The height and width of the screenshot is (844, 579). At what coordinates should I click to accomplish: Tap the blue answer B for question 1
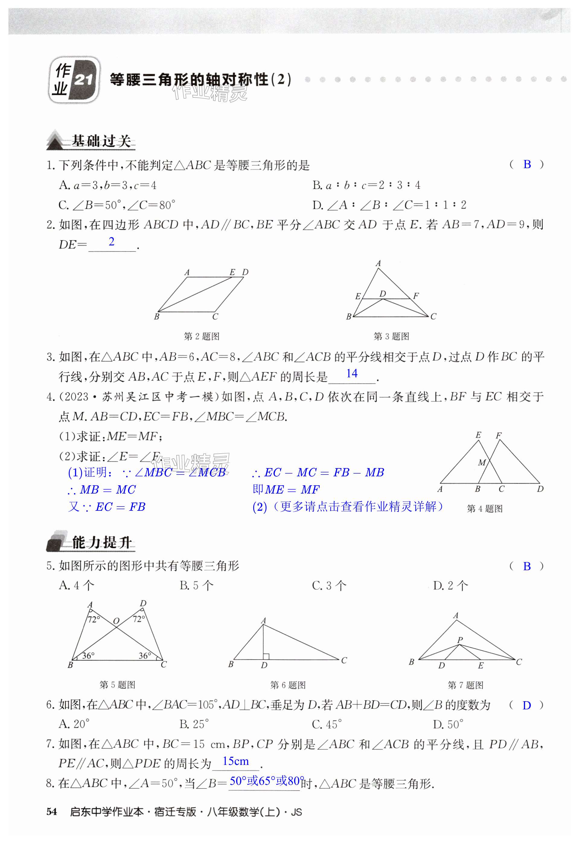[527, 165]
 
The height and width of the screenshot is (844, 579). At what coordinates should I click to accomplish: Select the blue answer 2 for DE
[111, 241]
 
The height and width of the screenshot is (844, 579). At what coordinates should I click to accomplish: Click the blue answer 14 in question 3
[352, 373]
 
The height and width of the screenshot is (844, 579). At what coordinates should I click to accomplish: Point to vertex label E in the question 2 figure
[232, 272]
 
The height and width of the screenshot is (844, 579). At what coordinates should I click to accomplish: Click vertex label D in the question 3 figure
[382, 293]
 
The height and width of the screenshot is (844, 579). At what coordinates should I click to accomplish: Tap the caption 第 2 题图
[202, 336]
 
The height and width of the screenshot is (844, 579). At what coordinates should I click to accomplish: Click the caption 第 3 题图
[391, 336]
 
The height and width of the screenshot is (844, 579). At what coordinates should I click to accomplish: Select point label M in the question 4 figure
[482, 463]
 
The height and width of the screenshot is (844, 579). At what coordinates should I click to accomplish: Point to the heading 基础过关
[101, 141]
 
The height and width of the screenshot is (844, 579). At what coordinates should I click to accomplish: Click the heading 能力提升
[101, 542]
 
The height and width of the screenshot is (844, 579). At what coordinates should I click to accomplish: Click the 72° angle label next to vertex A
[94, 619]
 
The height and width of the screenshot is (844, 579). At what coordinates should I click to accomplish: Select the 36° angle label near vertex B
[88, 656]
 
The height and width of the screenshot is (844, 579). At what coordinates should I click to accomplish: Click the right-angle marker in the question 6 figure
[266, 656]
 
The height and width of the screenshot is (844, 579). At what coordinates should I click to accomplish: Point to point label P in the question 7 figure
[460, 640]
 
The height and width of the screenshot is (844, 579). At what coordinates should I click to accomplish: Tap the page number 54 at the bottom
[52, 812]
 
